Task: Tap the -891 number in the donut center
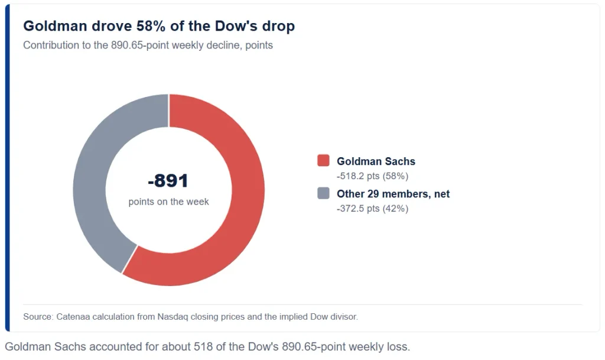pyautogui.click(x=168, y=180)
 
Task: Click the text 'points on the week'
pyautogui.click(x=168, y=202)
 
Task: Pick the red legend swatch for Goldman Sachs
pyautogui.click(x=323, y=161)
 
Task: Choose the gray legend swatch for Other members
pyautogui.click(x=323, y=193)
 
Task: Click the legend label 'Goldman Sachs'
pyautogui.click(x=376, y=161)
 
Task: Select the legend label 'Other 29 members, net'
pyautogui.click(x=393, y=194)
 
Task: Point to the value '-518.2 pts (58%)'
pyautogui.click(x=372, y=176)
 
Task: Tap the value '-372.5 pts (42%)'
pyautogui.click(x=372, y=209)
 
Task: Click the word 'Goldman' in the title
pyautogui.click(x=55, y=26)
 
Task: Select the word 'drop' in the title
pyautogui.click(x=279, y=26)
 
